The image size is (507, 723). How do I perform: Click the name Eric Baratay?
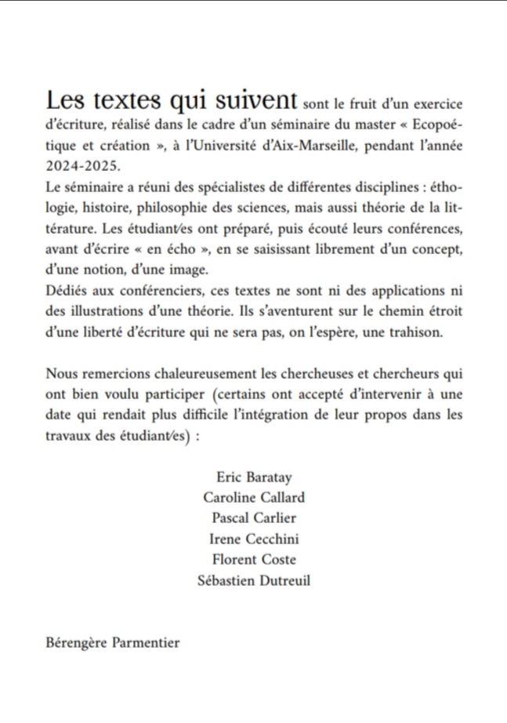pyautogui.click(x=253, y=477)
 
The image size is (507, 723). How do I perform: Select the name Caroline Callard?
pyautogui.click(x=254, y=497)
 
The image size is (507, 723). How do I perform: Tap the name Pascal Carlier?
pyautogui.click(x=254, y=518)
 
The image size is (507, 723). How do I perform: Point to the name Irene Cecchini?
pyautogui.click(x=254, y=539)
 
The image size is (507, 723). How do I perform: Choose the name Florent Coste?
pyautogui.click(x=254, y=559)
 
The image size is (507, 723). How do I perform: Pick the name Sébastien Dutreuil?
pyautogui.click(x=254, y=579)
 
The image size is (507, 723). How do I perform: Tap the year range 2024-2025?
pyautogui.click(x=80, y=166)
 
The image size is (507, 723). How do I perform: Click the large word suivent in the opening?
pyautogui.click(x=256, y=100)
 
